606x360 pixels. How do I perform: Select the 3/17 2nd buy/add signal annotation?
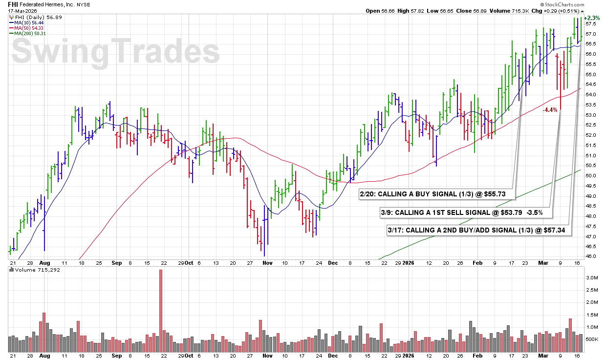point(479,230)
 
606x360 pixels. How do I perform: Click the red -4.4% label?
point(550,110)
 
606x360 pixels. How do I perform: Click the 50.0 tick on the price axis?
point(591,175)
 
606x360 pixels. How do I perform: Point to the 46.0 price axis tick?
point(591,256)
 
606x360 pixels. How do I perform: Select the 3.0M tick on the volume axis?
point(591,277)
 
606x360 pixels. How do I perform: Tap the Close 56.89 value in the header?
point(470,11)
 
